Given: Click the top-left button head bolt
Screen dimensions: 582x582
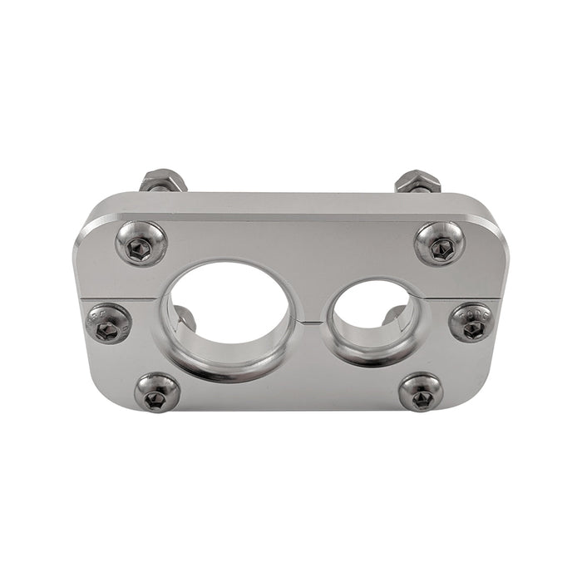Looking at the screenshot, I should (x=141, y=243).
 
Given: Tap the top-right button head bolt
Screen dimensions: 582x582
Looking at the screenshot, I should (x=439, y=244).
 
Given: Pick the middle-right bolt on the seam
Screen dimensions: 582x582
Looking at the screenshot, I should (x=471, y=322).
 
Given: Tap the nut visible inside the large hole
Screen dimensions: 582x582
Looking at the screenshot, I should (x=185, y=318).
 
